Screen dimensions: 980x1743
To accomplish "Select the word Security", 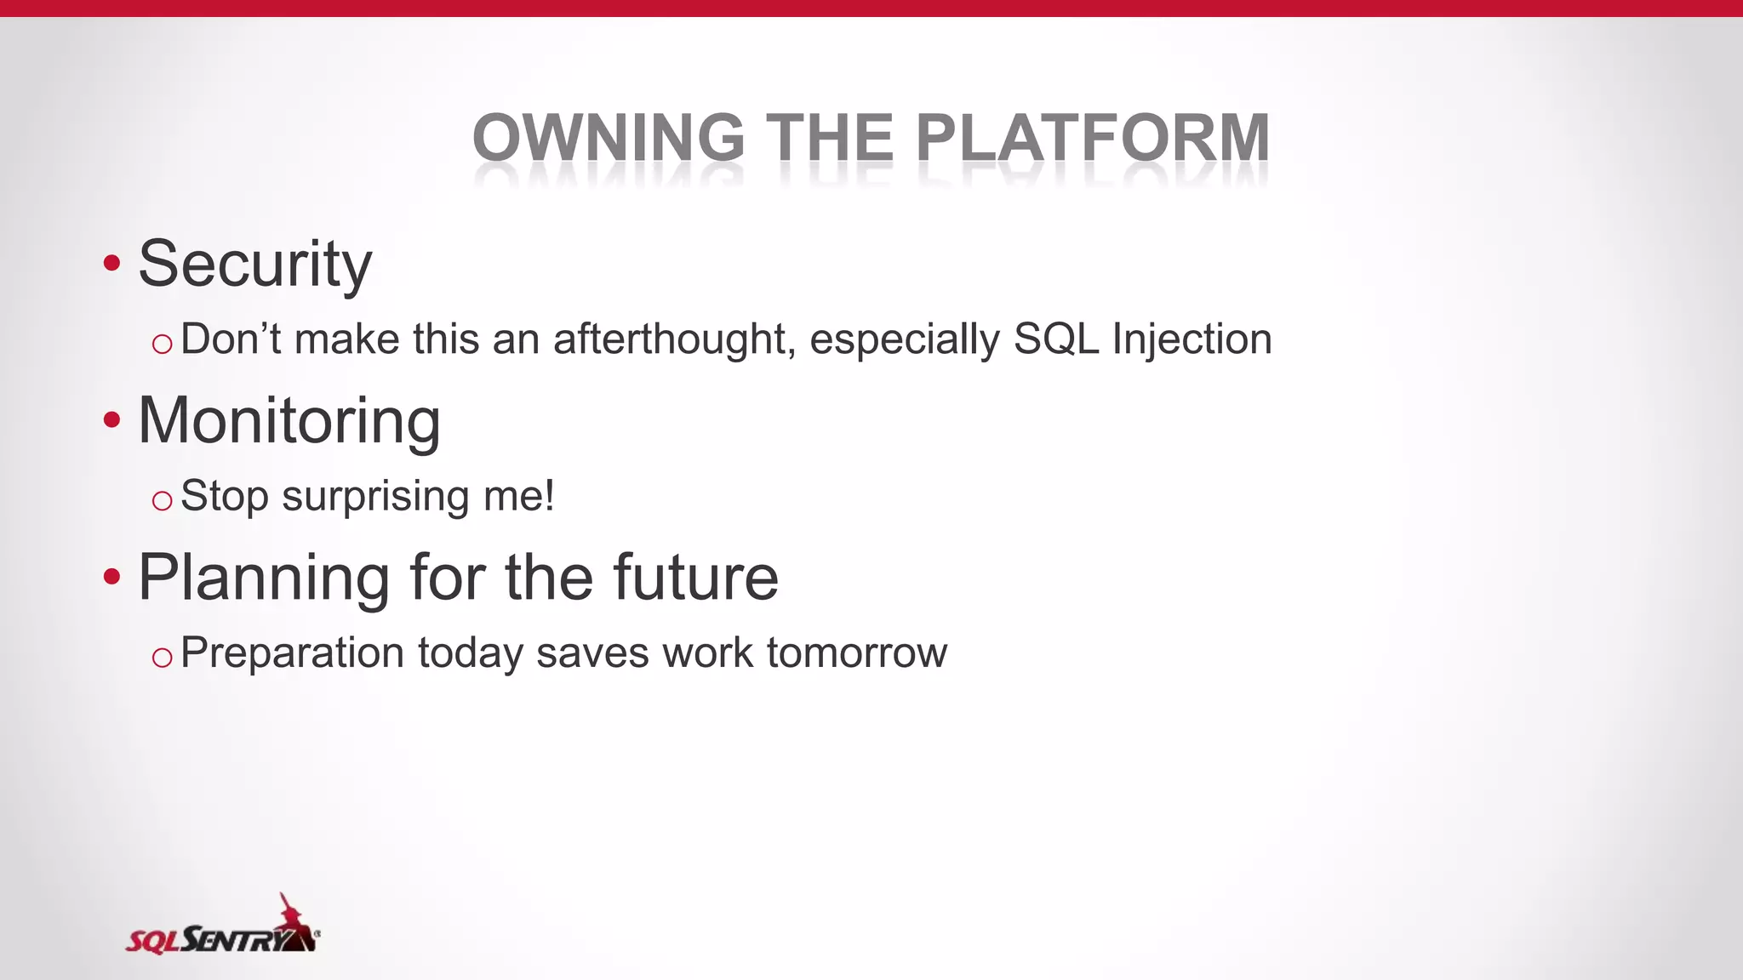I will click(254, 265).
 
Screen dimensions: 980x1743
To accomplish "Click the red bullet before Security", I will click(111, 263).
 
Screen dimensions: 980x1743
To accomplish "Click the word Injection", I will click(1192, 339).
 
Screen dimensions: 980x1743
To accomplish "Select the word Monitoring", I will click(289, 421).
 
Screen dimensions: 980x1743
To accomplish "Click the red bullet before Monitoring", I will click(111, 420).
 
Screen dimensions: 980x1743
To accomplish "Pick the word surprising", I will click(375, 497).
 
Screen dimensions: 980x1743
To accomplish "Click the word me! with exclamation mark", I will click(518, 496).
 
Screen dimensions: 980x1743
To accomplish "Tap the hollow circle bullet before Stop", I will click(162, 501).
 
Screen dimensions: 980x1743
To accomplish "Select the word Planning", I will click(264, 578).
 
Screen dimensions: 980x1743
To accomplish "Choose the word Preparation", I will click(292, 654).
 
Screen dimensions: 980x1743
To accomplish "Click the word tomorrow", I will click(856, 653).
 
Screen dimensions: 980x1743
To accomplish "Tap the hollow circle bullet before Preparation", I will click(162, 658).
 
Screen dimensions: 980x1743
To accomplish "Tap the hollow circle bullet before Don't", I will click(162, 345).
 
